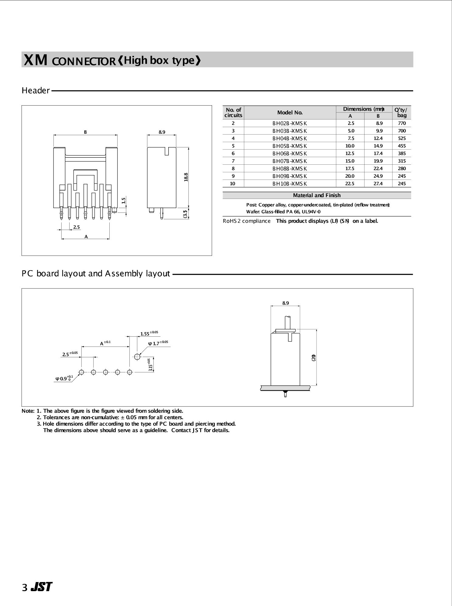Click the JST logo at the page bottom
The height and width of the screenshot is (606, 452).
(x=42, y=587)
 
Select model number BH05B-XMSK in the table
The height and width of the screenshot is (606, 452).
(x=289, y=146)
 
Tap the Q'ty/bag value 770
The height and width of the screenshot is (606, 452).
(x=402, y=123)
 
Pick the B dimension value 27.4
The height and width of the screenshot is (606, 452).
(x=378, y=183)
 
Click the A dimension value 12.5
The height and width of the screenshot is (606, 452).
(x=350, y=153)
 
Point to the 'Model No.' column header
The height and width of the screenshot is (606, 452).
(x=290, y=113)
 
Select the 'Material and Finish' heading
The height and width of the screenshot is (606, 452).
(x=317, y=195)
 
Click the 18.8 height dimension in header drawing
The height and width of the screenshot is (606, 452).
(x=186, y=177)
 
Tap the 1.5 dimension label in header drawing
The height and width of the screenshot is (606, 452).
(x=123, y=200)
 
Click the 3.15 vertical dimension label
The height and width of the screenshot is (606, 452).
(x=150, y=365)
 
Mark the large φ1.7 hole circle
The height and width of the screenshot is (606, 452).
(x=137, y=356)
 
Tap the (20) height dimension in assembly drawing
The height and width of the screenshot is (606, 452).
(x=314, y=358)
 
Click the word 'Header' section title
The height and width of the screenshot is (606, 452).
(x=36, y=91)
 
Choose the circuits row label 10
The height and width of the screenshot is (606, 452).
(x=233, y=183)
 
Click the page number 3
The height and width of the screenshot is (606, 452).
(x=25, y=588)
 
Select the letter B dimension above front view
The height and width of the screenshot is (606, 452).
(x=85, y=132)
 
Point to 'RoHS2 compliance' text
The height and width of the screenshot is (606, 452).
(x=246, y=221)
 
